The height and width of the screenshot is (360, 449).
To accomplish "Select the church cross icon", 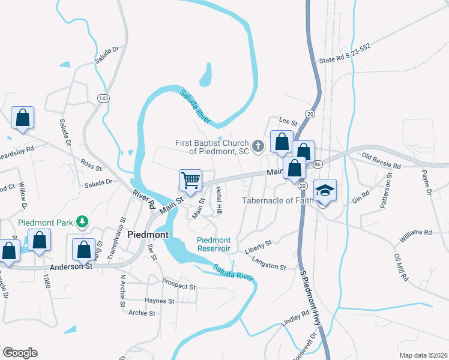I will click(258, 145).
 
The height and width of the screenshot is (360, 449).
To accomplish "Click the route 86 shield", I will click(318, 164).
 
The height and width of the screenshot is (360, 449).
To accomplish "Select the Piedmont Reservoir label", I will click(214, 244).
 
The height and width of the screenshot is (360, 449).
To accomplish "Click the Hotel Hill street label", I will click(219, 201).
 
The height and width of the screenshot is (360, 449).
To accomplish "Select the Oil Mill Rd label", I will click(400, 268).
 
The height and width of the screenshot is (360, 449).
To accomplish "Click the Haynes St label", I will click(159, 301).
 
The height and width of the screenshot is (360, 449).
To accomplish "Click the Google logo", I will click(20, 353).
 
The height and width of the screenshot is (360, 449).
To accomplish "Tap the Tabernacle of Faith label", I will click(278, 200).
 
